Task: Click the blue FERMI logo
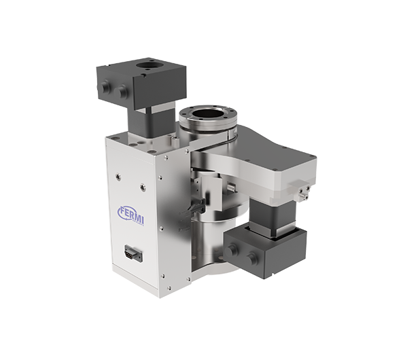click(131, 215)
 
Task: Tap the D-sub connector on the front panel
click(133, 253)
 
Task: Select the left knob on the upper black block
click(105, 86)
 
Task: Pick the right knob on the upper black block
click(120, 91)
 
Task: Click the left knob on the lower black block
click(231, 250)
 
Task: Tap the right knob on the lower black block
click(251, 257)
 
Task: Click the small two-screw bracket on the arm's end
click(302, 190)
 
